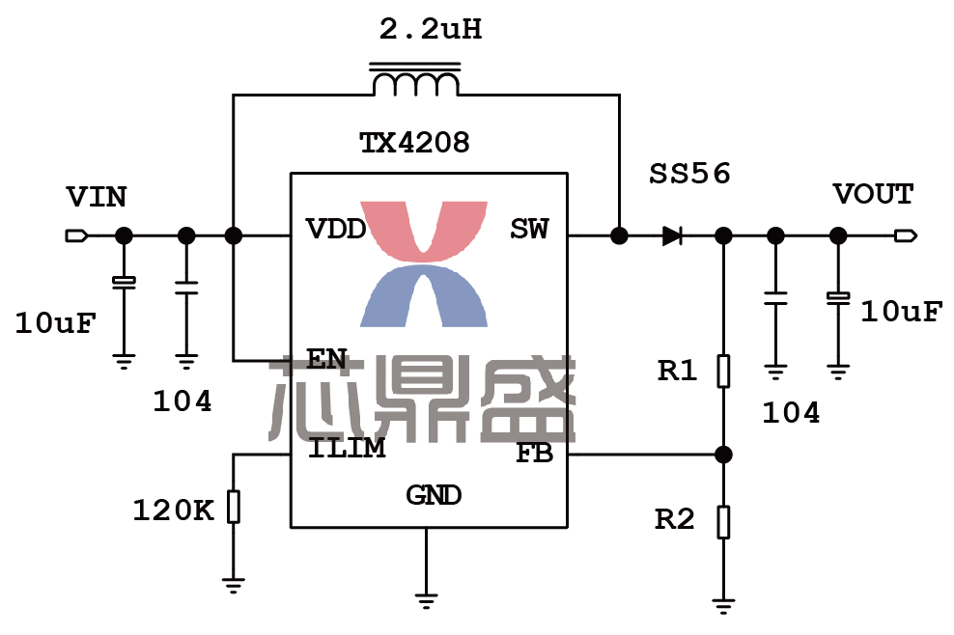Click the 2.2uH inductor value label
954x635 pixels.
(x=430, y=31)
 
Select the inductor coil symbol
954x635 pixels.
(x=415, y=83)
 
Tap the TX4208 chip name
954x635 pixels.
(x=414, y=144)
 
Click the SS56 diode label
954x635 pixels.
(x=689, y=175)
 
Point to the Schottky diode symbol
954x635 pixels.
(x=673, y=235)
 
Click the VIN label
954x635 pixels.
(x=96, y=198)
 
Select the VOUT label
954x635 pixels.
(x=873, y=195)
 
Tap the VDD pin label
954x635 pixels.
(x=335, y=230)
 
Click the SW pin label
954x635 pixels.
(x=529, y=230)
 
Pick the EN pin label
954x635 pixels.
(x=326, y=359)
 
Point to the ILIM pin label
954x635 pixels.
(x=347, y=449)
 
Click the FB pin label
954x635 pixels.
(x=534, y=453)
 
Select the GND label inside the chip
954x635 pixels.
(x=434, y=496)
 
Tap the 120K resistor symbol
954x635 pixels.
(x=233, y=507)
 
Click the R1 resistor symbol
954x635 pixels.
(x=723, y=371)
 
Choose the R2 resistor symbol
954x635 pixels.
(x=723, y=521)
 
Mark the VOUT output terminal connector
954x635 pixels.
(x=905, y=235)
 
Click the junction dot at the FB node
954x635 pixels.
(x=723, y=454)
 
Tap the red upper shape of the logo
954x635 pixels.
(x=424, y=228)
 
